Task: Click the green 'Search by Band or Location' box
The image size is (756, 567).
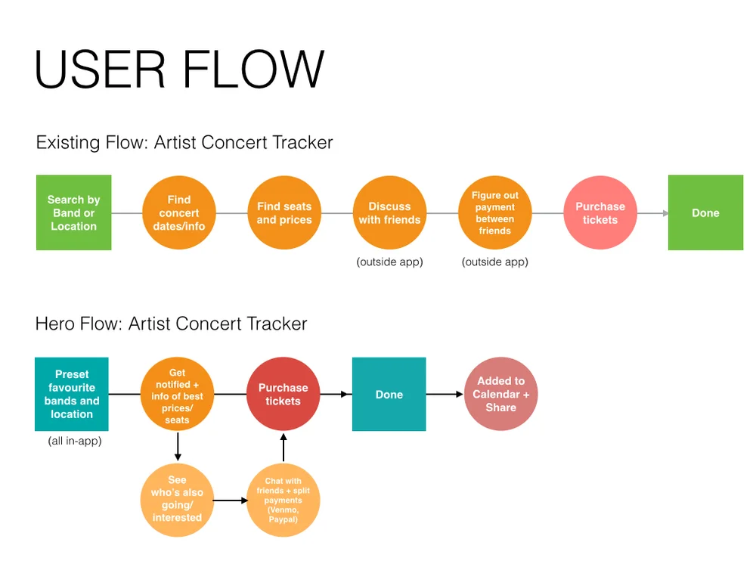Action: (74, 212)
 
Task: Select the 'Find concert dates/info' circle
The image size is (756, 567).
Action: (179, 212)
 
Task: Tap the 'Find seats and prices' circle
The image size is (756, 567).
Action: (284, 212)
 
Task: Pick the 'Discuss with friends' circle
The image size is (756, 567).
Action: (389, 212)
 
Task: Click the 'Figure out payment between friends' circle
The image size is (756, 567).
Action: (494, 212)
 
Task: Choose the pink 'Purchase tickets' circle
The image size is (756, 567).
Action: (600, 212)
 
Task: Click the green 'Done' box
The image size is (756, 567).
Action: (705, 212)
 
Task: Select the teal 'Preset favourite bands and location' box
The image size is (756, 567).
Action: (72, 394)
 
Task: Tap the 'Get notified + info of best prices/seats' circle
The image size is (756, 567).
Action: (177, 394)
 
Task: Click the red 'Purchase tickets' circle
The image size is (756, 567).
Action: (283, 394)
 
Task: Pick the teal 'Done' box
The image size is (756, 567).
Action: (389, 394)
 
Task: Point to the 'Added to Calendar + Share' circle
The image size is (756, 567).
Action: (501, 394)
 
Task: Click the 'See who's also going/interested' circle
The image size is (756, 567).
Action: (177, 500)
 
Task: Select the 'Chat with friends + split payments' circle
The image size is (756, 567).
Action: (283, 500)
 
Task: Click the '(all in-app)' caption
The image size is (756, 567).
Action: (75, 441)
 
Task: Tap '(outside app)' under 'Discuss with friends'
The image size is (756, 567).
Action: (389, 262)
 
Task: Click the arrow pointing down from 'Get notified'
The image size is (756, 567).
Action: (178, 447)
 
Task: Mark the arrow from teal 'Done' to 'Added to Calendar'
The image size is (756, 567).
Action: (445, 395)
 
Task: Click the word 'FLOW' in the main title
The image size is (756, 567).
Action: (253, 69)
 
